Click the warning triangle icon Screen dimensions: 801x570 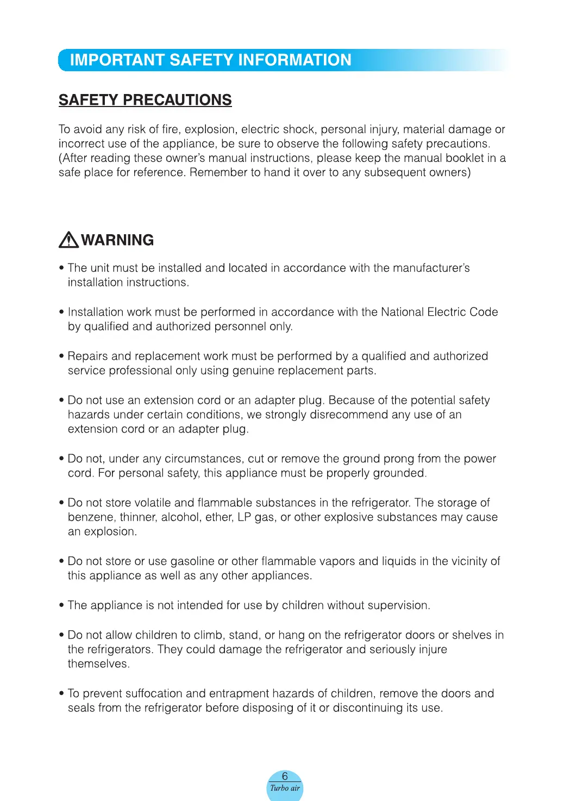pos(68,240)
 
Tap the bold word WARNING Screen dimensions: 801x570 pos(117,240)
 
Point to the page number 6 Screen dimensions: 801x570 pos(285,776)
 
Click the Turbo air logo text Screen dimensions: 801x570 pos(285,788)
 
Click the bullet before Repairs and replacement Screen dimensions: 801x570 pos(61,356)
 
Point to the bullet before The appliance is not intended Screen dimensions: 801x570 pos(61,605)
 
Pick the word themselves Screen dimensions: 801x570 pos(98,664)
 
